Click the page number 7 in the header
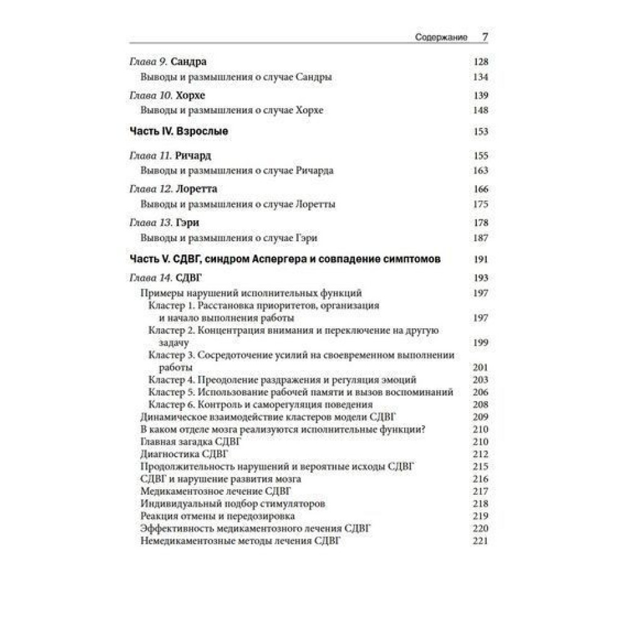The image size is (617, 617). tap(484, 37)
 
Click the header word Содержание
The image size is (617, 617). tap(442, 38)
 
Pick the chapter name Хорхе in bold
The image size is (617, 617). tap(190, 96)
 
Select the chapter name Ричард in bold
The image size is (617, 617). tap(193, 155)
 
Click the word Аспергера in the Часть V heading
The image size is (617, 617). tap(275, 260)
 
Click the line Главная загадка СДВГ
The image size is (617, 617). tap(191, 442)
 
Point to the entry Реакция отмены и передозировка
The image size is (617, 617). tap(218, 516)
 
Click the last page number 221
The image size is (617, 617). tap(480, 541)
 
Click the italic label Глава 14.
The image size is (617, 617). tap(152, 278)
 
